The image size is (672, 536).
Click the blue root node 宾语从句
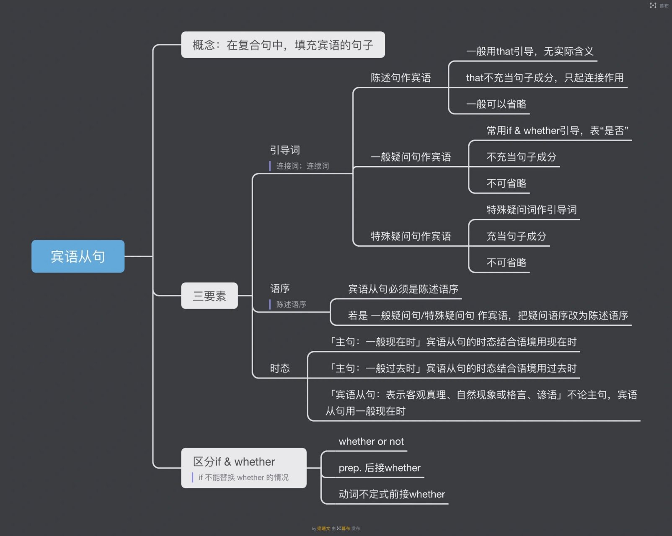78,256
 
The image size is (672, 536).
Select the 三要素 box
209,296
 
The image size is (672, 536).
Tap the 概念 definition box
283,45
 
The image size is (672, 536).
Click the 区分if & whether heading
234,461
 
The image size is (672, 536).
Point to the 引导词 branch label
285,150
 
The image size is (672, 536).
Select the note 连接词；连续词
302,166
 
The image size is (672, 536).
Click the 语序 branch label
280,289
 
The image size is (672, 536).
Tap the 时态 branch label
280,368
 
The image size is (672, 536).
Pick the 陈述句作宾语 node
401,78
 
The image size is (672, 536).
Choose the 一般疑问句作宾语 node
411,157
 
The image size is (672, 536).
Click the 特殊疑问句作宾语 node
411,236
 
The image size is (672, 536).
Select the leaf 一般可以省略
496,104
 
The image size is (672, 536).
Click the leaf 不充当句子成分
521,157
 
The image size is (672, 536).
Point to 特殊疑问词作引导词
531,210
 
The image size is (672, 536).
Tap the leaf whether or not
371,441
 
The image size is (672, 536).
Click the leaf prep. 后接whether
379,468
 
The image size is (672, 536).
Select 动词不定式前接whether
392,494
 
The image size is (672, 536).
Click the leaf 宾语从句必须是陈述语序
403,289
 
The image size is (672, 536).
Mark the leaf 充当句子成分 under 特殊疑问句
516,236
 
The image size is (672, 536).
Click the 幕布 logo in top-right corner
659,5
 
